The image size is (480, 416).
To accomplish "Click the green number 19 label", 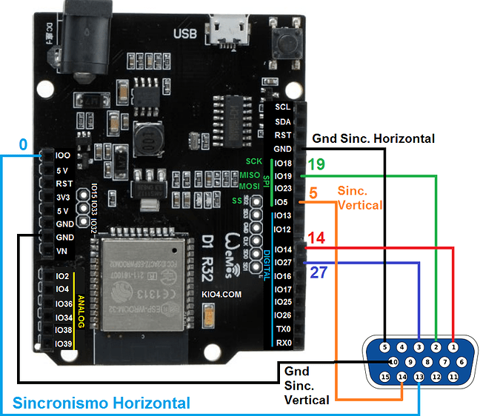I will (x=316, y=164).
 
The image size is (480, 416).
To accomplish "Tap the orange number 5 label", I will (x=313, y=193).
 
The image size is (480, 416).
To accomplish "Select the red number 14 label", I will (x=317, y=238).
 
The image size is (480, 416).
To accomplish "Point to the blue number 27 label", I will (x=318, y=272).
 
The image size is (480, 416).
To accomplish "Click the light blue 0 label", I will (x=24, y=145).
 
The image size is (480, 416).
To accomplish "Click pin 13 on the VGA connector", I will (x=419, y=377).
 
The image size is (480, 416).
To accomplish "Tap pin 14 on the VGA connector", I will (x=401, y=377).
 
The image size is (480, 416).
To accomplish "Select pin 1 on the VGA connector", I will (x=453, y=346).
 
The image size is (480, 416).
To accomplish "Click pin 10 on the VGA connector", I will (x=393, y=362).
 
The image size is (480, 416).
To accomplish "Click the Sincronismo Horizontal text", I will (x=101, y=403).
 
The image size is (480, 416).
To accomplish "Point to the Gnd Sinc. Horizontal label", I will (x=373, y=138).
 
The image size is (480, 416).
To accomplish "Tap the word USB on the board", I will (x=186, y=33).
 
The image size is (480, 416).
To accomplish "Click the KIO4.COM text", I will (x=221, y=294).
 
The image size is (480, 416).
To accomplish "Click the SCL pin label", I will (x=282, y=107).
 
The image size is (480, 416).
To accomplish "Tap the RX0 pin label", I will (x=282, y=343).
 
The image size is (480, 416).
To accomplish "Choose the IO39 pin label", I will (x=63, y=344).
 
